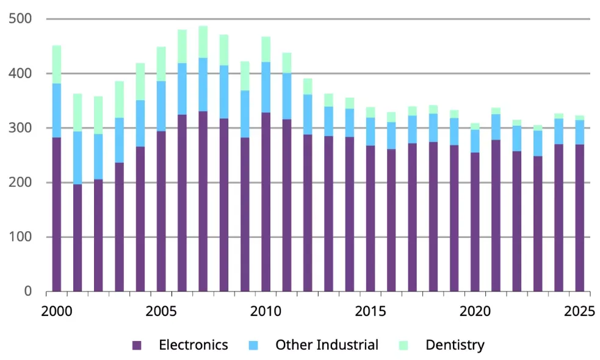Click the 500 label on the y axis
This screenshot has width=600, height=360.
20,18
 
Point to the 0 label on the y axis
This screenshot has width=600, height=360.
27,292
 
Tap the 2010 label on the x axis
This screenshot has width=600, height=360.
266,311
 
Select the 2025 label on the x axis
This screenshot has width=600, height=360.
579,311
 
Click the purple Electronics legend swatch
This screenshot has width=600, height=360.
137,345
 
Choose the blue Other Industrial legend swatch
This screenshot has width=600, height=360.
253,345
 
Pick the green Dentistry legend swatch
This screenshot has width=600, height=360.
403,345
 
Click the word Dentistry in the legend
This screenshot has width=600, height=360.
455,345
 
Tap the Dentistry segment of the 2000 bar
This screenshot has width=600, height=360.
57,64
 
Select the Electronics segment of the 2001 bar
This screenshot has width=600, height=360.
78,238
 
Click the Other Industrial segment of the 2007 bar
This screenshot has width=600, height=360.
203,85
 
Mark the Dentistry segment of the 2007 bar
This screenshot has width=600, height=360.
203,42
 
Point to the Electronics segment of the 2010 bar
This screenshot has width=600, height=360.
266,202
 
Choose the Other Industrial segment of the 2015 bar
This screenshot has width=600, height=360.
370,132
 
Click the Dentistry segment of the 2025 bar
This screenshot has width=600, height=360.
580,118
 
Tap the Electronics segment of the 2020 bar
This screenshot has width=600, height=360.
475,222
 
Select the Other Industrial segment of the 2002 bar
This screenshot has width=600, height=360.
98,157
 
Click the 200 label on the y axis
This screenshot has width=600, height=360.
20,182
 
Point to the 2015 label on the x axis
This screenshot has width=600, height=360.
370,311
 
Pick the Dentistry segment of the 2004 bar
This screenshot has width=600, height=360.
140,82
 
